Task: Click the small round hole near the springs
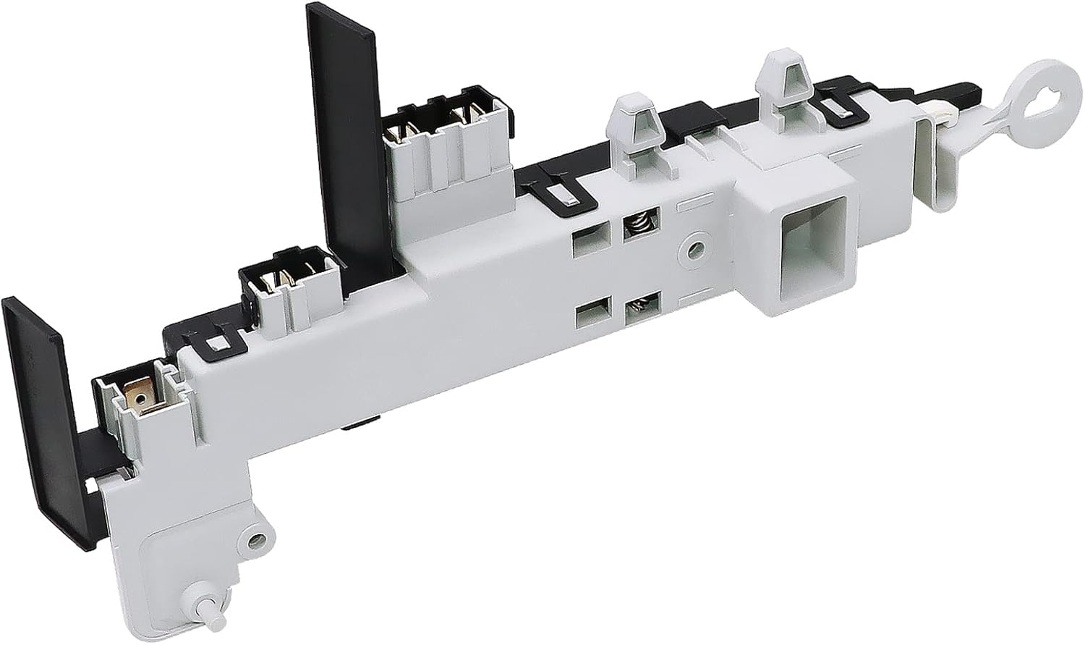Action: (695, 250)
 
